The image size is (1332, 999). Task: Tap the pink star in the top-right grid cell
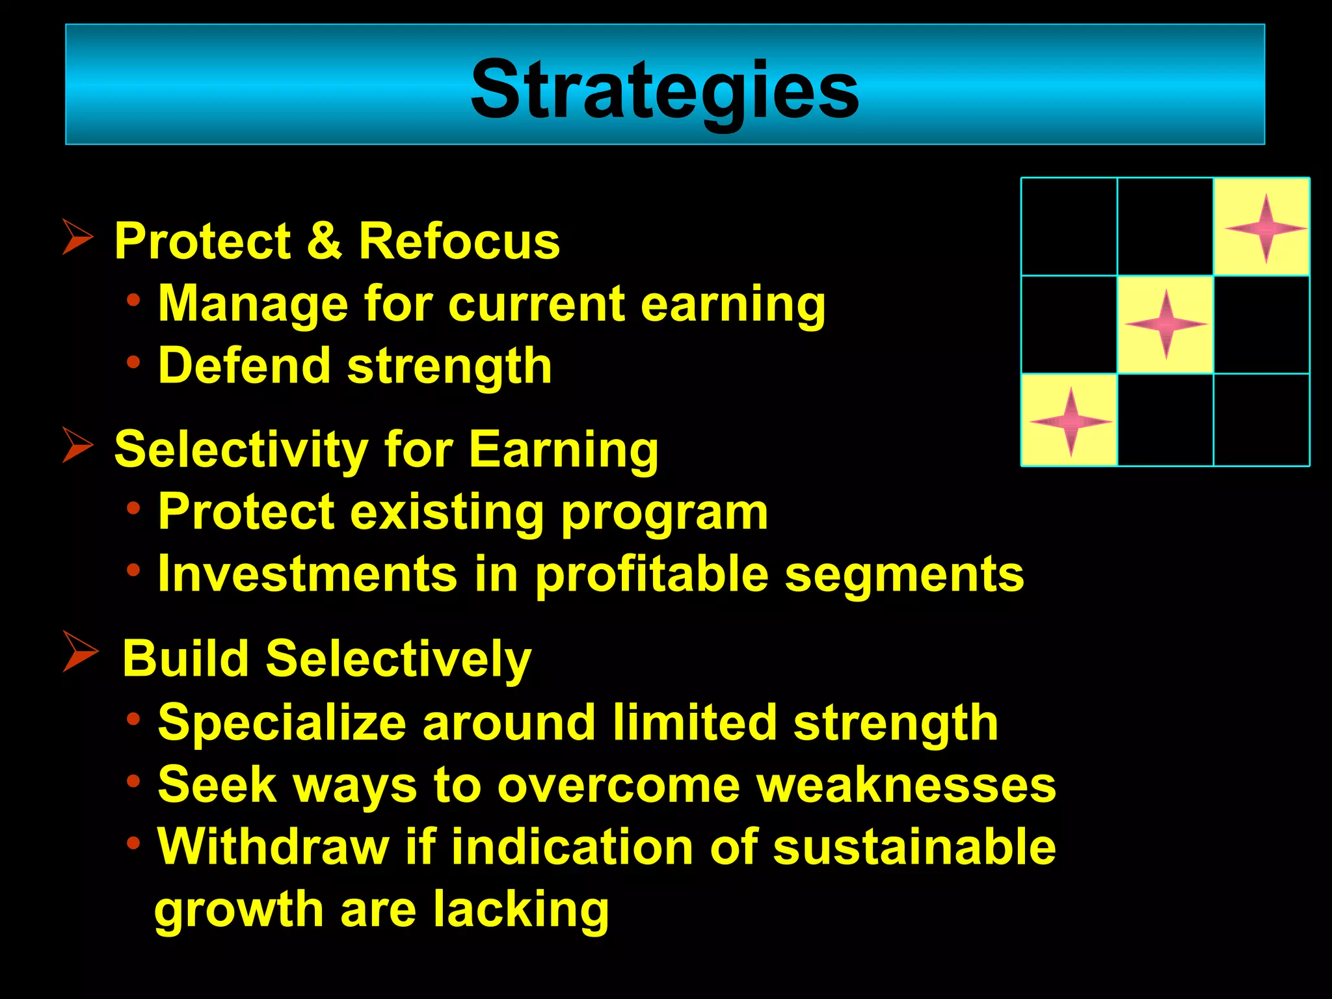(1265, 228)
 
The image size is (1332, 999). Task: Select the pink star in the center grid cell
(1165, 324)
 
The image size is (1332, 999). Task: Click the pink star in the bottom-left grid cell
(1071, 421)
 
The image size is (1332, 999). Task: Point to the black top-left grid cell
(1069, 226)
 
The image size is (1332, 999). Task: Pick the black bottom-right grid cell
(1262, 420)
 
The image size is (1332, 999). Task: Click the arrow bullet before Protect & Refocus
(77, 237)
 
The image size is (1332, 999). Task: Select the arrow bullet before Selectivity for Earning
(77, 445)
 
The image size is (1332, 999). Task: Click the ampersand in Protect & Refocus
(325, 241)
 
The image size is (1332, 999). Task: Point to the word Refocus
(459, 241)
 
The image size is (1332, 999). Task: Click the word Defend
(245, 366)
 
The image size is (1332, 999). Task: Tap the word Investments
(308, 574)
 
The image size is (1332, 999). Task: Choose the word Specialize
(282, 723)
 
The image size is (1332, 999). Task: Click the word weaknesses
(907, 785)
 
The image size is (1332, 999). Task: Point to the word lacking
(521, 909)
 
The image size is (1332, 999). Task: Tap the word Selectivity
(241, 449)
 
